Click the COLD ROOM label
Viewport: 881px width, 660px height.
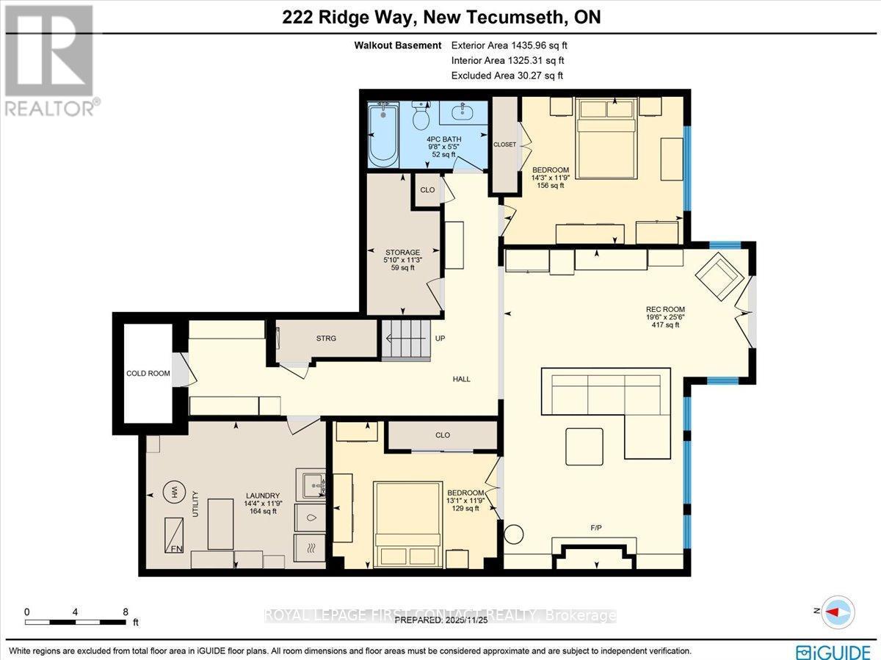[148, 373]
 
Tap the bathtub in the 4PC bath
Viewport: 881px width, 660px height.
[382, 137]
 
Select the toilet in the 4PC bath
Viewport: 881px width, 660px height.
[421, 117]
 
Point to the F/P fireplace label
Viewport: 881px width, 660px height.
[596, 527]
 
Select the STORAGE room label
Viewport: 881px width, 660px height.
[402, 253]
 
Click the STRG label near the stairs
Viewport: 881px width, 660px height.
[326, 338]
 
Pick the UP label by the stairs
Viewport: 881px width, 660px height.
[440, 339]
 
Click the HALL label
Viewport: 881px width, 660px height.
[461, 379]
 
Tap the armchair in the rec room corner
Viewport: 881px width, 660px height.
[719, 277]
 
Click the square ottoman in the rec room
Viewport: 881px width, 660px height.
[584, 446]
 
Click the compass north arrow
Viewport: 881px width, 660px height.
[836, 611]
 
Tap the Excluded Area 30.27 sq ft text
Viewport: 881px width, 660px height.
[507, 76]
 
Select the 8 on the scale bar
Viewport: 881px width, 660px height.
[126, 611]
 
